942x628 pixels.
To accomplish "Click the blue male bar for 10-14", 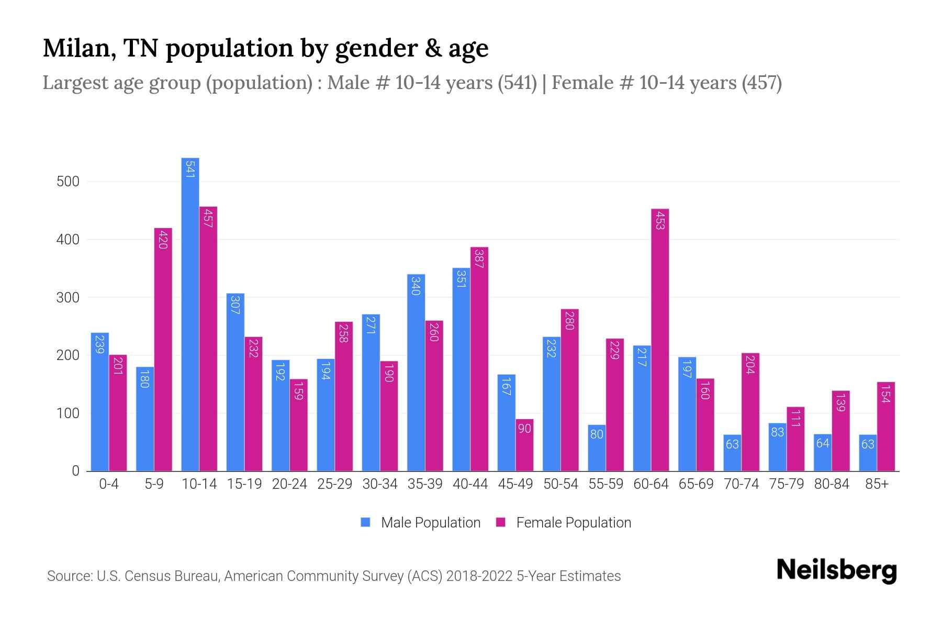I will (190, 314).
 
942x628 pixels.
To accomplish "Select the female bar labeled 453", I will (660, 340).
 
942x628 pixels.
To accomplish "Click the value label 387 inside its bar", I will (479, 259).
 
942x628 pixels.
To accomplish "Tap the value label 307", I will (235, 305).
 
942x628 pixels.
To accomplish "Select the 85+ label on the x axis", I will (876, 484).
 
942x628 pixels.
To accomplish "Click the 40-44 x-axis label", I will (470, 484).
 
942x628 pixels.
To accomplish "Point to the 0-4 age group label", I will (109, 484).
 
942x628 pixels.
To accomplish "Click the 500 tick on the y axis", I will (68, 182).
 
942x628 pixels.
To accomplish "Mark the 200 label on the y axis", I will (68, 355).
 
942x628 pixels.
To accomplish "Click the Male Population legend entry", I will (430, 523).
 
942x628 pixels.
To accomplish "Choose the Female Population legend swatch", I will (501, 522).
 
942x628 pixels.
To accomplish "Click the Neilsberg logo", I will (836, 570).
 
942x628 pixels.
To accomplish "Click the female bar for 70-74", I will (750, 412).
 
